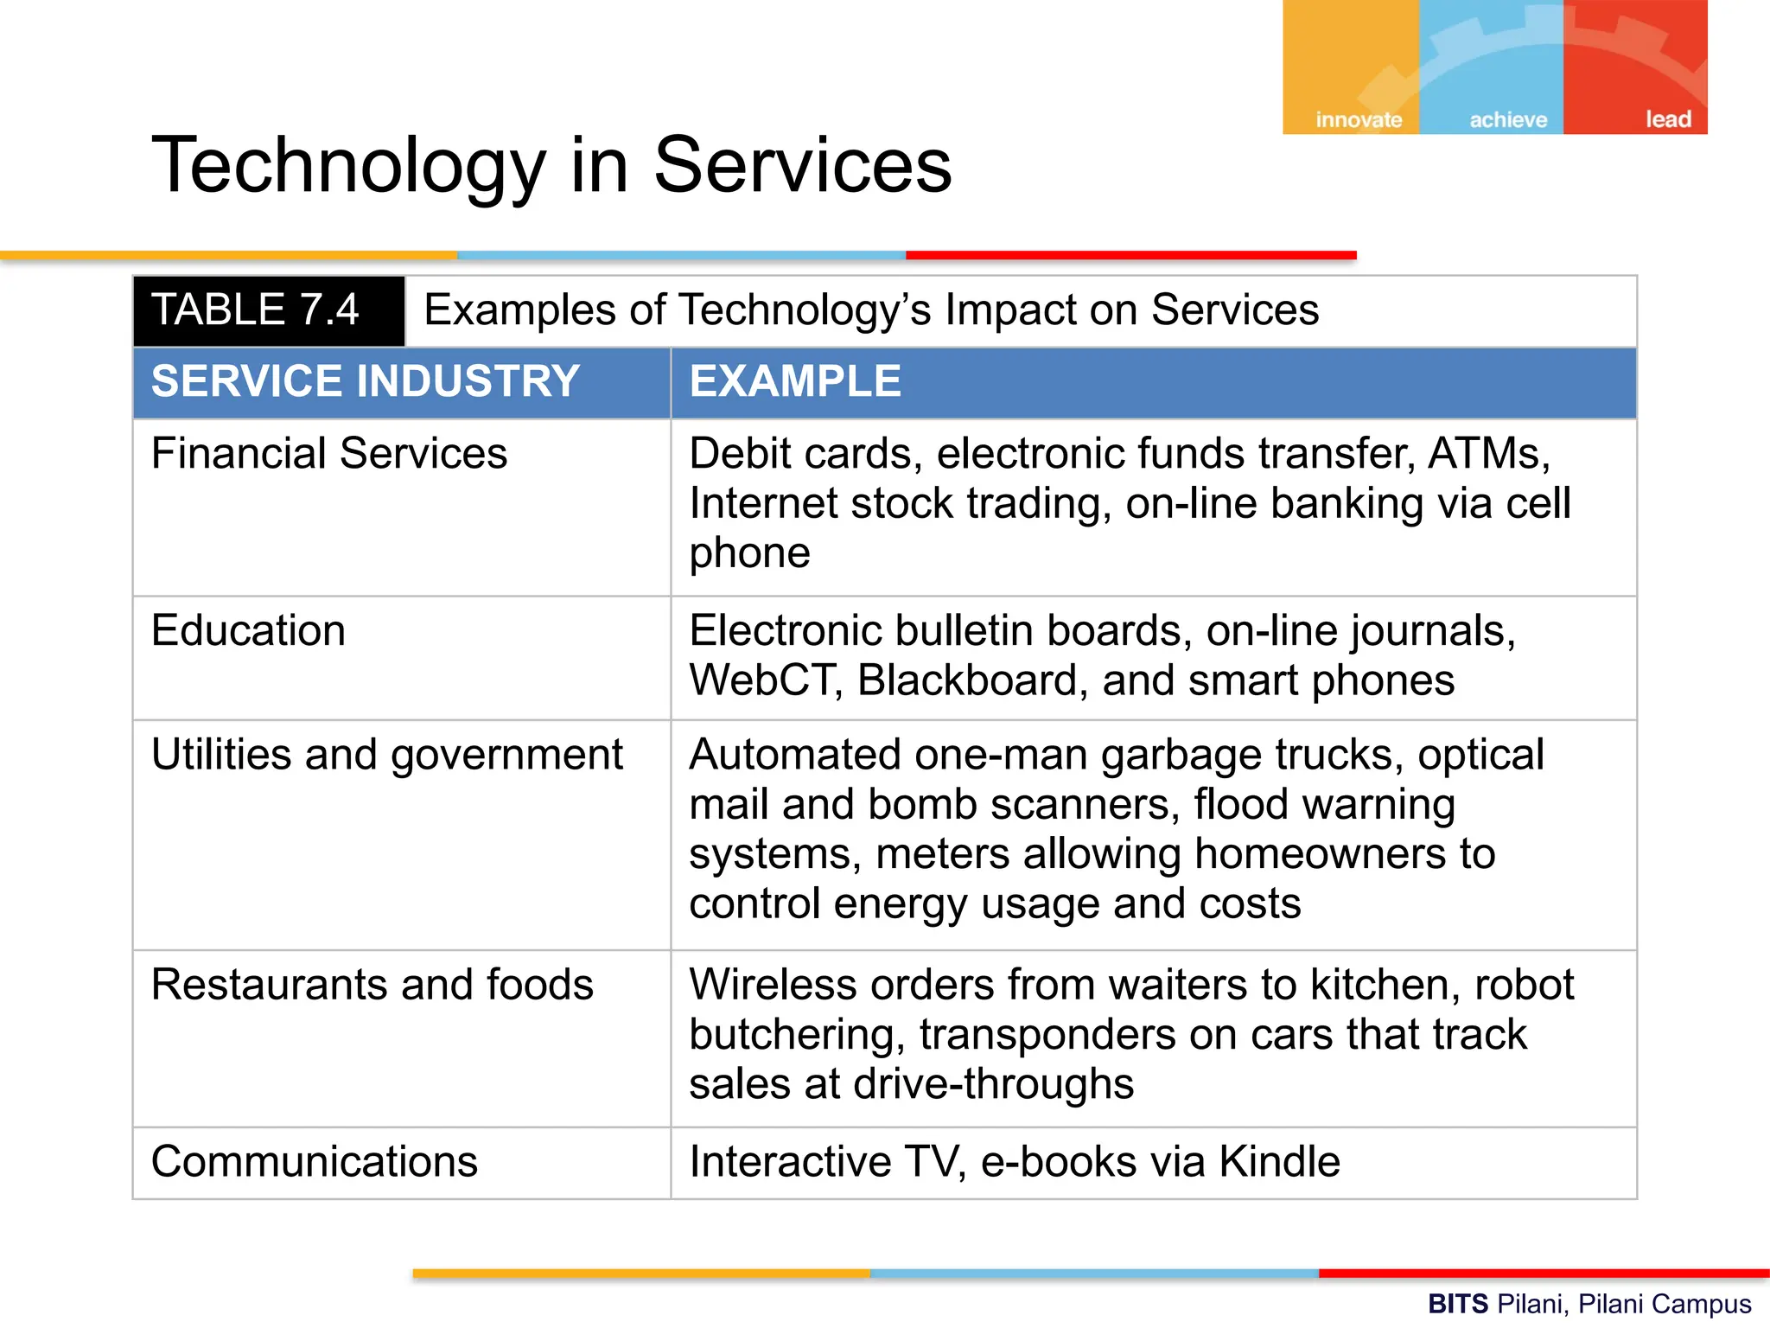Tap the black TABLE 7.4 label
pos(255,310)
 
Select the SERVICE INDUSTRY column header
pos(365,381)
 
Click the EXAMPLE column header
pos(795,381)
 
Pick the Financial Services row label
pos(329,454)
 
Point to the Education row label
pos(248,630)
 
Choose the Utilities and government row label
pos(386,755)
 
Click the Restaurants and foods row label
pos(372,985)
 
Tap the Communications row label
pos(314,1161)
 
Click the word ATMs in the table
pos(1488,454)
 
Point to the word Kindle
pos(1279,1161)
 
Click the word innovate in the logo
pos(1359,119)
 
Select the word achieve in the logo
pos(1508,119)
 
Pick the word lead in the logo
pos(1668,119)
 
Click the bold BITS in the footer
pos(1457,1304)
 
